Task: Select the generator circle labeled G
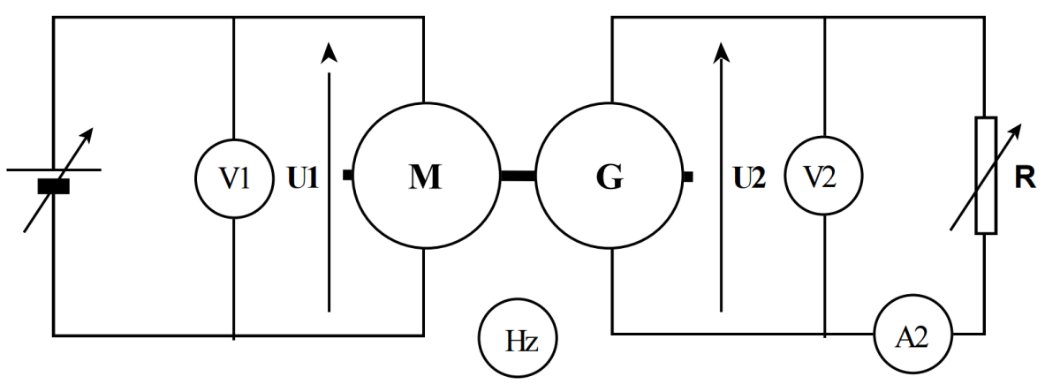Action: click(609, 176)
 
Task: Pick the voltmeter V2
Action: click(824, 177)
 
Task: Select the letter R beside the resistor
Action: click(1026, 176)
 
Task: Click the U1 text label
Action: click(302, 177)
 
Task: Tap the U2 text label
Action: click(750, 177)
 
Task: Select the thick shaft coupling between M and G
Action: click(517, 176)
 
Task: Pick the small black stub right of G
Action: click(687, 177)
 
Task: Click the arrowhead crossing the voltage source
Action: click(86, 133)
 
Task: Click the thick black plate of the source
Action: click(54, 186)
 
